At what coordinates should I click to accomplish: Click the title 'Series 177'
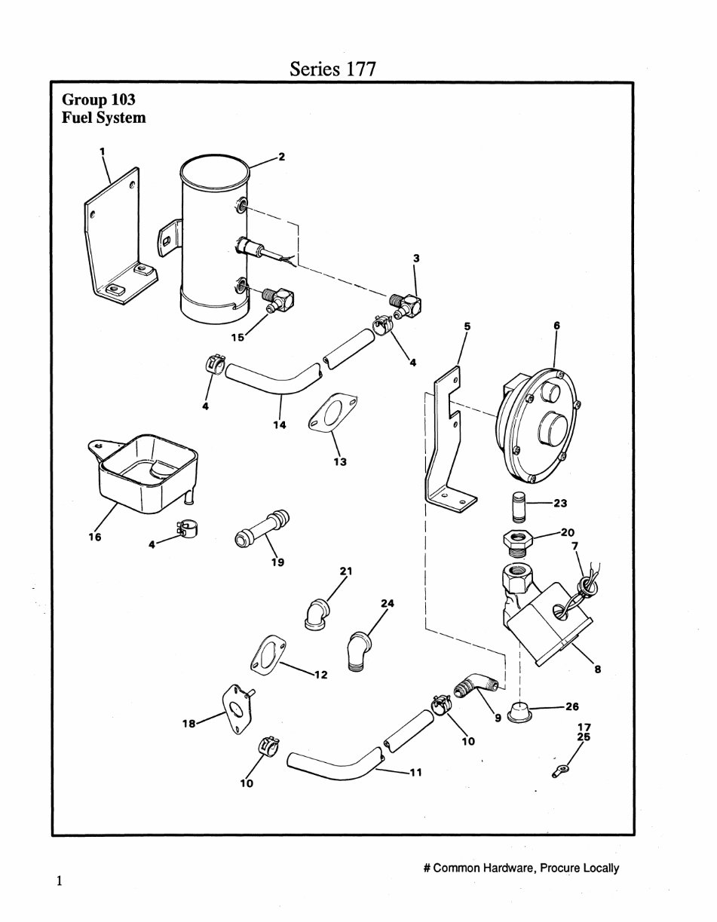[332, 69]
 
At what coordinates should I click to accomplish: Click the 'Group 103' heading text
[98, 100]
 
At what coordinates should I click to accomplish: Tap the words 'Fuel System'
[103, 118]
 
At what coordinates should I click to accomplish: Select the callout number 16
[94, 537]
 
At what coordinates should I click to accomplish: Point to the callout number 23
[560, 503]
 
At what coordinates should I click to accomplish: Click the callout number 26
[571, 707]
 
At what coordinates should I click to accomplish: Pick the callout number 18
[188, 723]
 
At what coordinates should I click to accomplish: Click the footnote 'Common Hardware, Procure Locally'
[521, 868]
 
